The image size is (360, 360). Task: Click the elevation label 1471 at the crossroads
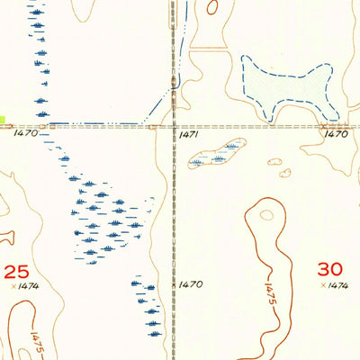(188, 134)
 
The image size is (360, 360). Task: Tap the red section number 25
(16, 271)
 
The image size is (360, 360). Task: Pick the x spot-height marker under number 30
(323, 285)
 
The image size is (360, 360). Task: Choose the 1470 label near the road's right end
(336, 134)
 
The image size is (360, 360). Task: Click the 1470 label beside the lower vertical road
(190, 284)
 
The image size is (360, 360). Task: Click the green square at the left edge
(3, 119)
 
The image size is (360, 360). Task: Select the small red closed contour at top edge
(212, 7)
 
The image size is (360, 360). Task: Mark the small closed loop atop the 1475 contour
(266, 214)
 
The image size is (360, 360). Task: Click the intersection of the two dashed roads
(174, 127)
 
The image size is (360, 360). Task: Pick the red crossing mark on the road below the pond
(324, 127)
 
